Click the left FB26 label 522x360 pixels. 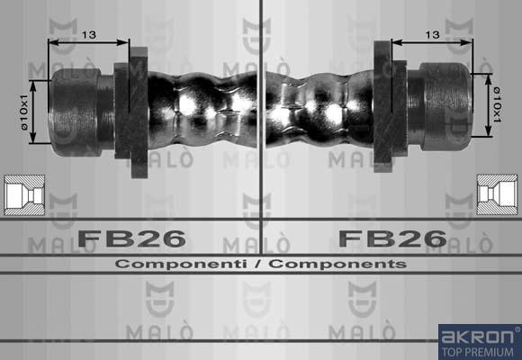click(131, 238)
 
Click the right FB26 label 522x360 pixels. click(391, 238)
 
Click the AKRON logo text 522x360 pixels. click(478, 337)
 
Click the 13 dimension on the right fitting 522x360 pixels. click(432, 34)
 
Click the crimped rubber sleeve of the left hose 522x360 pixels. click(202, 108)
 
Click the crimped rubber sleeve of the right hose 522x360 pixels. click(319, 108)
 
